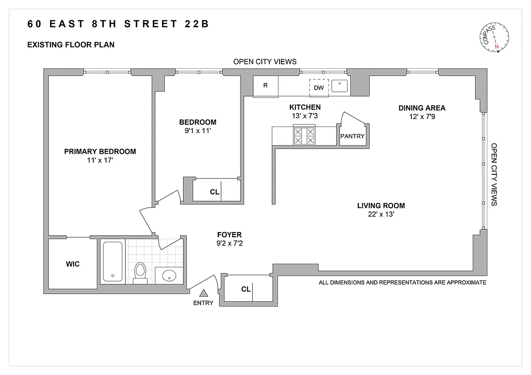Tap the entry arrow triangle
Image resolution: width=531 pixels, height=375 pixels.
pos(204,293)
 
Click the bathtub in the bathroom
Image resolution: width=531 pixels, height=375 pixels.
pos(112,262)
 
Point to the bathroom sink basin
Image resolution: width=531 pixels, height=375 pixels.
pos(167,276)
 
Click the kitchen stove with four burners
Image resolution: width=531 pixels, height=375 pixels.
pos(303,136)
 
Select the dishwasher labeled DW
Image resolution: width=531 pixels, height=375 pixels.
pos(319,87)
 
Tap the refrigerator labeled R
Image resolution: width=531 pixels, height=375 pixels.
pos(265,85)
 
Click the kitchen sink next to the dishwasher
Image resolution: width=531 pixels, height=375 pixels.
pos(339,86)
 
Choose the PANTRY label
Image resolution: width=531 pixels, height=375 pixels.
pos(352,136)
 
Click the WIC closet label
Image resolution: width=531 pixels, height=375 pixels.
pos(73,264)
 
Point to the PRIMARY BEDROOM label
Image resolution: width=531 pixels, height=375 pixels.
pos(100,151)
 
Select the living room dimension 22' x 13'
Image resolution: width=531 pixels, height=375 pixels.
pos(381,215)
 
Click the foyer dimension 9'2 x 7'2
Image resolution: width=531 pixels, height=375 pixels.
pos(229,244)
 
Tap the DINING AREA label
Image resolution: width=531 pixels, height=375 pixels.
pos(422,108)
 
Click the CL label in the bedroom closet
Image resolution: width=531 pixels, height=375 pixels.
pos(214,191)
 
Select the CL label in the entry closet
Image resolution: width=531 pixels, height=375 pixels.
pos(246,289)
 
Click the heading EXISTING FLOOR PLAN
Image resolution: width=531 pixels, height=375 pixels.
pos(71,45)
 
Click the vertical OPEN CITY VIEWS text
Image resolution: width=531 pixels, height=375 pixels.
pos(493,174)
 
